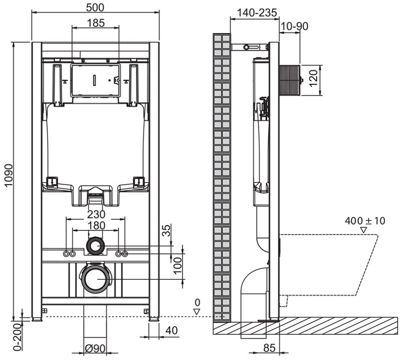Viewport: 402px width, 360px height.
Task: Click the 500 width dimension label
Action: (x=95, y=8)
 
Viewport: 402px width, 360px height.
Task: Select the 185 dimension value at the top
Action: (x=95, y=23)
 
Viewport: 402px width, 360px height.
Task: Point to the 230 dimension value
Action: (x=96, y=214)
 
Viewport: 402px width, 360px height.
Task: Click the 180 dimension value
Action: (x=96, y=225)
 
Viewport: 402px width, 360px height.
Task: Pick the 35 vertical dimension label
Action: (x=167, y=231)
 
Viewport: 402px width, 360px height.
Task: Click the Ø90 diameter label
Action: (x=95, y=348)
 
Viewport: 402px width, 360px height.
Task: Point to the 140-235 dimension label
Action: (x=257, y=12)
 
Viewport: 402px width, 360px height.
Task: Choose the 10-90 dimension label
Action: (x=295, y=26)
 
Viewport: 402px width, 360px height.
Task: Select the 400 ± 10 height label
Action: (x=365, y=221)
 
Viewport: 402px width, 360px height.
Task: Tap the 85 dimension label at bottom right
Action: (x=269, y=348)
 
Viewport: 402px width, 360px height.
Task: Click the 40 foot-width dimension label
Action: (x=171, y=330)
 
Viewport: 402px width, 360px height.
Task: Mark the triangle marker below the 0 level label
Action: (x=197, y=312)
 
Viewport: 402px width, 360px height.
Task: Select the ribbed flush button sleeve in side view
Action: (x=289, y=80)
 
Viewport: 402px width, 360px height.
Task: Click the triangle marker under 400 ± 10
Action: (x=364, y=230)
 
